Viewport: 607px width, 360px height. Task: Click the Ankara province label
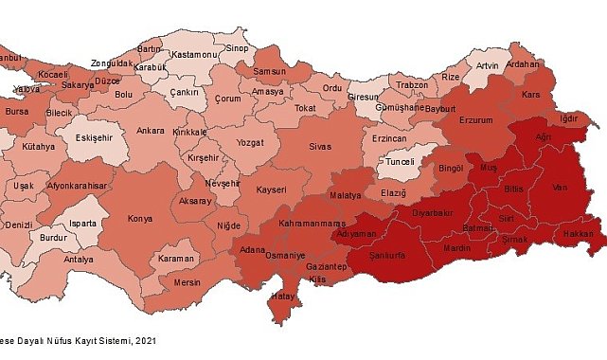tap(151, 131)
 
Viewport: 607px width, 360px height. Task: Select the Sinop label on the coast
tap(237, 48)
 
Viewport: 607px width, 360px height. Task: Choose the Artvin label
tap(486, 65)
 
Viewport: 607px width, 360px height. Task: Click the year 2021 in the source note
tap(144, 339)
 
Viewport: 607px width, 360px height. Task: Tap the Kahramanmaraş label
tap(311, 223)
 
